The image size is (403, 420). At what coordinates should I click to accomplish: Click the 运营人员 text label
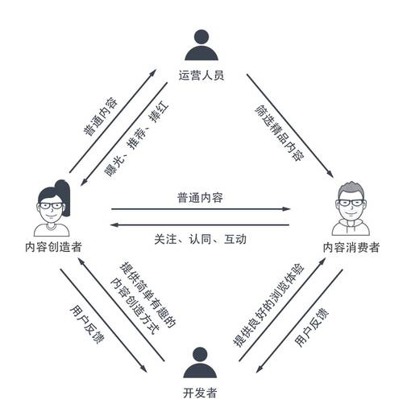(201, 75)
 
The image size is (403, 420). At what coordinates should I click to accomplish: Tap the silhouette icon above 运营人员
(201, 45)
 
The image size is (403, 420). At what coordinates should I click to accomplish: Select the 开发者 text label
(200, 393)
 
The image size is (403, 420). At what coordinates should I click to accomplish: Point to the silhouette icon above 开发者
(200, 363)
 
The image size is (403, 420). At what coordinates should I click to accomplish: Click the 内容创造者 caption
(53, 247)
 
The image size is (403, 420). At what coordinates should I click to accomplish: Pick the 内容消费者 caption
(351, 247)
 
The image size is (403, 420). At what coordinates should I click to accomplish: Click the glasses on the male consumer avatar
(351, 203)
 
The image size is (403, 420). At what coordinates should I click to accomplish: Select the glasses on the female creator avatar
(51, 206)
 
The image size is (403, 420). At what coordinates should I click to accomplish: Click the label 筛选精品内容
(280, 133)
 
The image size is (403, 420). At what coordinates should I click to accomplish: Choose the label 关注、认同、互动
(200, 239)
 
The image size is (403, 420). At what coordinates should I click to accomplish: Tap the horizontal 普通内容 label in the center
(200, 198)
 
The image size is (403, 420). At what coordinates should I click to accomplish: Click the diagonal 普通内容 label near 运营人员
(100, 117)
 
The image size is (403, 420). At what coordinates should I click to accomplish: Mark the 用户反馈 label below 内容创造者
(87, 324)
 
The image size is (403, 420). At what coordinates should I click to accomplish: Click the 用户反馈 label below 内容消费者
(312, 327)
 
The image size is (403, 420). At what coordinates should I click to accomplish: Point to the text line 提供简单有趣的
(147, 295)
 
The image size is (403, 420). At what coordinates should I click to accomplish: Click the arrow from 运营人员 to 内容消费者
(290, 126)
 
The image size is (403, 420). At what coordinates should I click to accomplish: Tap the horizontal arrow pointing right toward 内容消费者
(201, 208)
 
